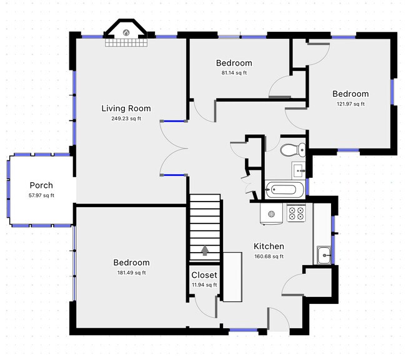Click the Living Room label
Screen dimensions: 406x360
pos(126,109)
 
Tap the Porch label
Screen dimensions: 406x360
pos(41,185)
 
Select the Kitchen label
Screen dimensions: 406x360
pos(269,246)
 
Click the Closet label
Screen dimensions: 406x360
pos(204,275)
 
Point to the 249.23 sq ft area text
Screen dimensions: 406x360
pos(126,119)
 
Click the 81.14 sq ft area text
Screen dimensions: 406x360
pos(234,73)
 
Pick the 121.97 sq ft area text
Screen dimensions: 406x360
pos(350,104)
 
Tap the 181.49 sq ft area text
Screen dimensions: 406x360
pos(132,273)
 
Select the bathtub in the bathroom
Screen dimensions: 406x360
pos(285,190)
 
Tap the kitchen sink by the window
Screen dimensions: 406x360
pos(324,255)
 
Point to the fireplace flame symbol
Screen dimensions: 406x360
pos(126,32)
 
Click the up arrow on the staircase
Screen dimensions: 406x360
pos(205,251)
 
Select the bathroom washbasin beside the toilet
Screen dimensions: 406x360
pos(299,171)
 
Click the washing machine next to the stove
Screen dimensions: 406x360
pos(271,214)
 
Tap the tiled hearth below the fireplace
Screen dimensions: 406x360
pos(126,42)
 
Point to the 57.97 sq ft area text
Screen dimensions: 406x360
pos(41,195)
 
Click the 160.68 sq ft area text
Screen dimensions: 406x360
pos(269,256)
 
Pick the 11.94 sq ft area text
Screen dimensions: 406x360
pos(204,285)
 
